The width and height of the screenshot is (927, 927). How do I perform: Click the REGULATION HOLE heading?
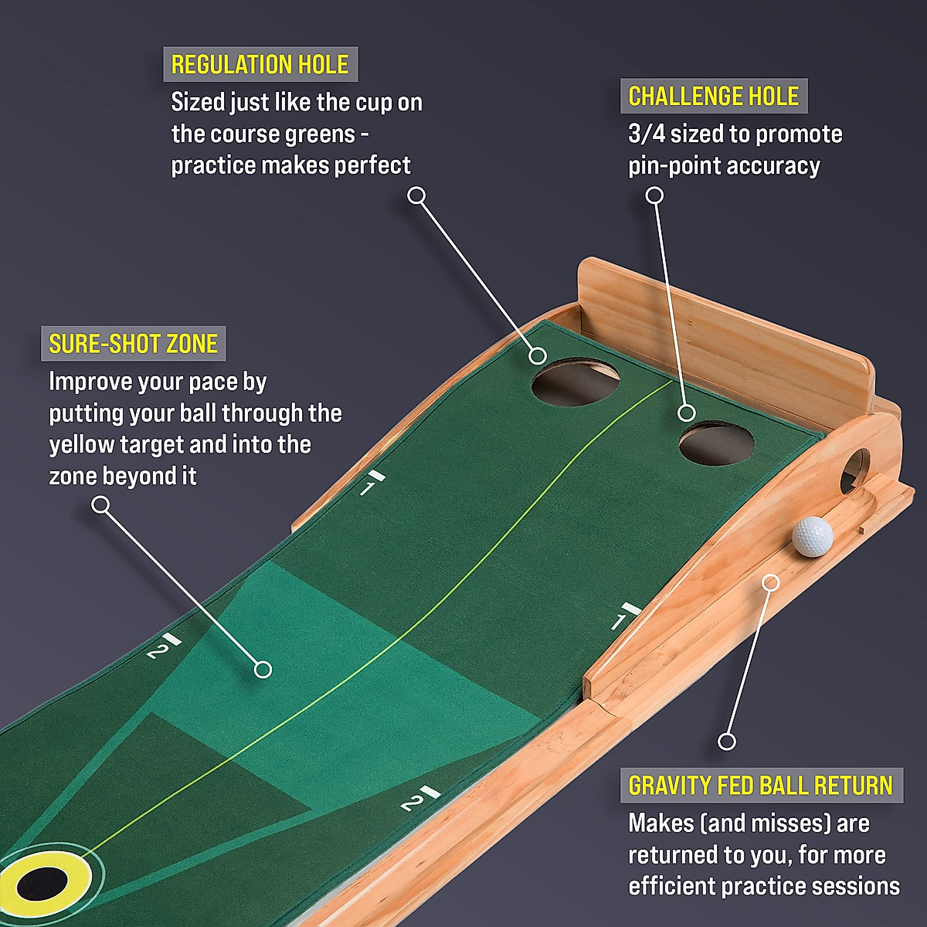[x=260, y=64]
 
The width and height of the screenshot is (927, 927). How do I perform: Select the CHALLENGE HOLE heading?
[x=713, y=96]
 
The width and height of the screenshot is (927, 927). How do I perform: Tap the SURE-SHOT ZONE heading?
[x=133, y=344]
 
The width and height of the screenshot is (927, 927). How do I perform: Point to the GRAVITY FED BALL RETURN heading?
[x=760, y=785]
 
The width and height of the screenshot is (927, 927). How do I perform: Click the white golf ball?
[x=813, y=536]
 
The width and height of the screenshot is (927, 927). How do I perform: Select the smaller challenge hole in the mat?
[x=716, y=443]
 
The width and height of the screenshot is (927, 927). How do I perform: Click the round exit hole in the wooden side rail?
[x=855, y=470]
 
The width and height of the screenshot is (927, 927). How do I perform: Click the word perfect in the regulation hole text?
[x=374, y=165]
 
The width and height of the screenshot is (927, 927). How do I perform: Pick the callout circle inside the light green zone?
[x=263, y=669]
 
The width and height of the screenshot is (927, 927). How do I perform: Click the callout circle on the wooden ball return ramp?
[x=770, y=582]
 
